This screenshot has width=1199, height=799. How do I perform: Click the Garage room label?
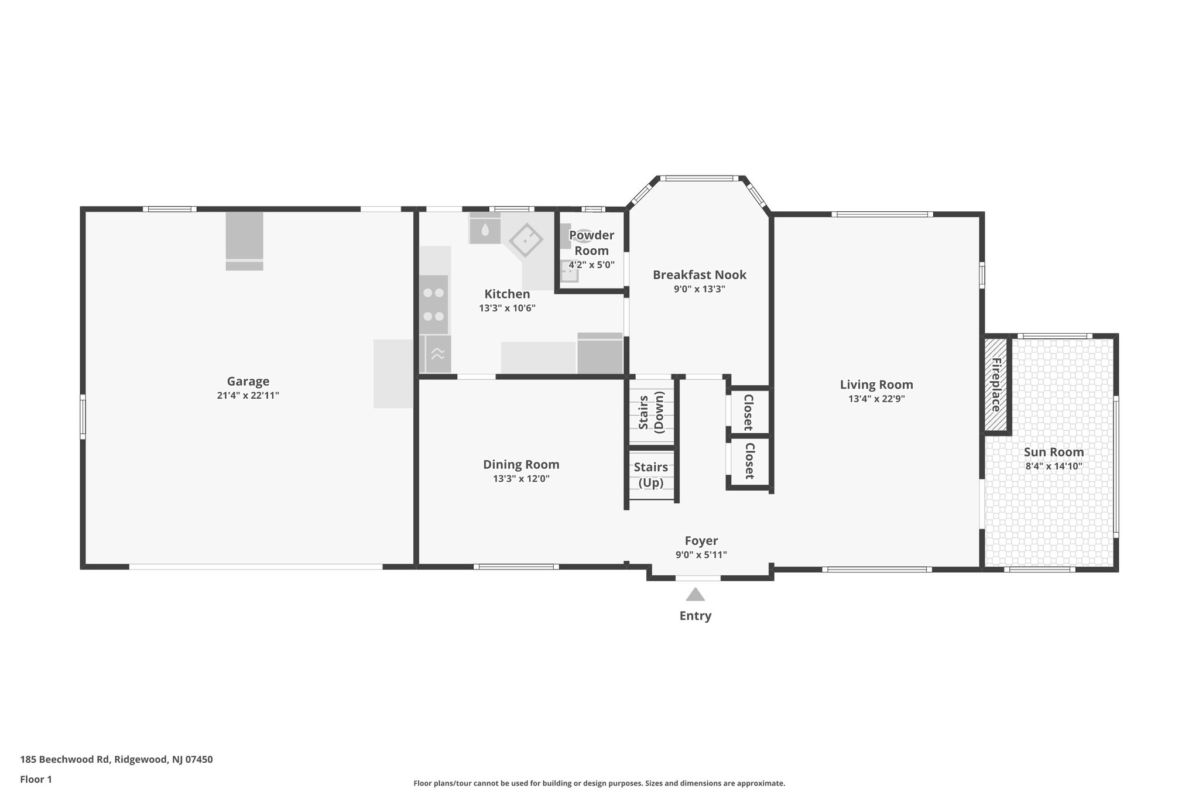tap(248, 382)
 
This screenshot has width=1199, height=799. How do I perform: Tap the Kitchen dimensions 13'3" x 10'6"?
tap(507, 308)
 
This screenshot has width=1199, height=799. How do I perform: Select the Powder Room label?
tap(591, 243)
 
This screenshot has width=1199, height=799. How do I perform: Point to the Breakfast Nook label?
tap(700, 275)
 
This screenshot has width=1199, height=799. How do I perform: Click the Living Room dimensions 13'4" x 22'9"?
tap(876, 399)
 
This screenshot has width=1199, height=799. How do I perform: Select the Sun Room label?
tap(1054, 452)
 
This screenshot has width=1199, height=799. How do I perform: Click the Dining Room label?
tap(521, 464)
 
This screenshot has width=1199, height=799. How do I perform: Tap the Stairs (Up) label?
tap(650, 475)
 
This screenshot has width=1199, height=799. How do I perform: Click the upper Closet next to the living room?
tap(748, 412)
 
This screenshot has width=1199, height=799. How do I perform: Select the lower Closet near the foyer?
tap(748, 461)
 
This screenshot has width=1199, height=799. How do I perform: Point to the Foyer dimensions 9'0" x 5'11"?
tap(701, 555)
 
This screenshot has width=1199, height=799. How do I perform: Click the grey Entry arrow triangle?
tap(695, 595)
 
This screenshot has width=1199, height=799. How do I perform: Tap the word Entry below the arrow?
tap(695, 616)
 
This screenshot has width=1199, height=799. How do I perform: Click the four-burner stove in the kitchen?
tap(434, 304)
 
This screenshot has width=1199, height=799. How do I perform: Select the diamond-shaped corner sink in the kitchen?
tap(526, 240)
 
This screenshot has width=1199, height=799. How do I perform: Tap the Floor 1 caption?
tap(36, 779)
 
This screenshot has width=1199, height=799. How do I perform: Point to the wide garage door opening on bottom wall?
tap(256, 567)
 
